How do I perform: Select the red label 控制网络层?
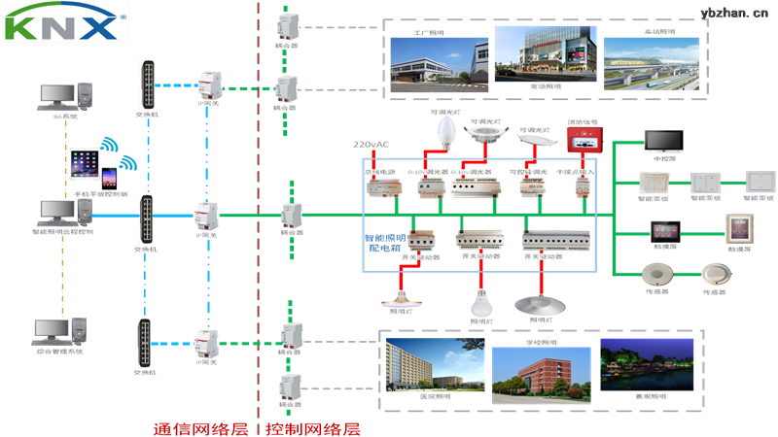pos(313,428)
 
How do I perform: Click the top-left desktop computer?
pos(65,97)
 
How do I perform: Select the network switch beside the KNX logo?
pos(147,84)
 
